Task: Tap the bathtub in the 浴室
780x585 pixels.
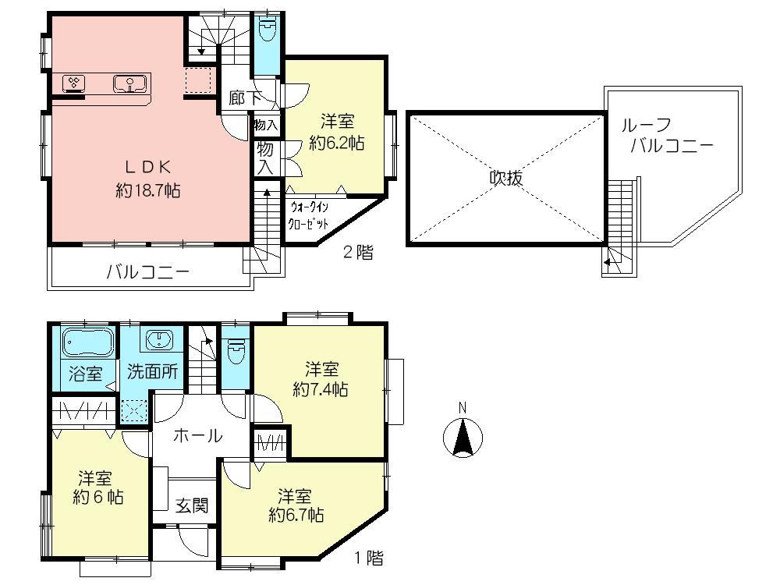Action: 84,342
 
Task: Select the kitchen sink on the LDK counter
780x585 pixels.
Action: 128,83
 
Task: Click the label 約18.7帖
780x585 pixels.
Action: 148,190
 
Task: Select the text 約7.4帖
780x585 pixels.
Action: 320,389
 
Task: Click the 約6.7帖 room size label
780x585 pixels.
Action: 296,515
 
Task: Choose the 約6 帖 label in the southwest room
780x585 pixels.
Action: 97,497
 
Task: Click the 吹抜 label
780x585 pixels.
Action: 505,178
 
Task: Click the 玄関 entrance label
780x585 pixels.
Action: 191,505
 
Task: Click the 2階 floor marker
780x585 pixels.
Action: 358,252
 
